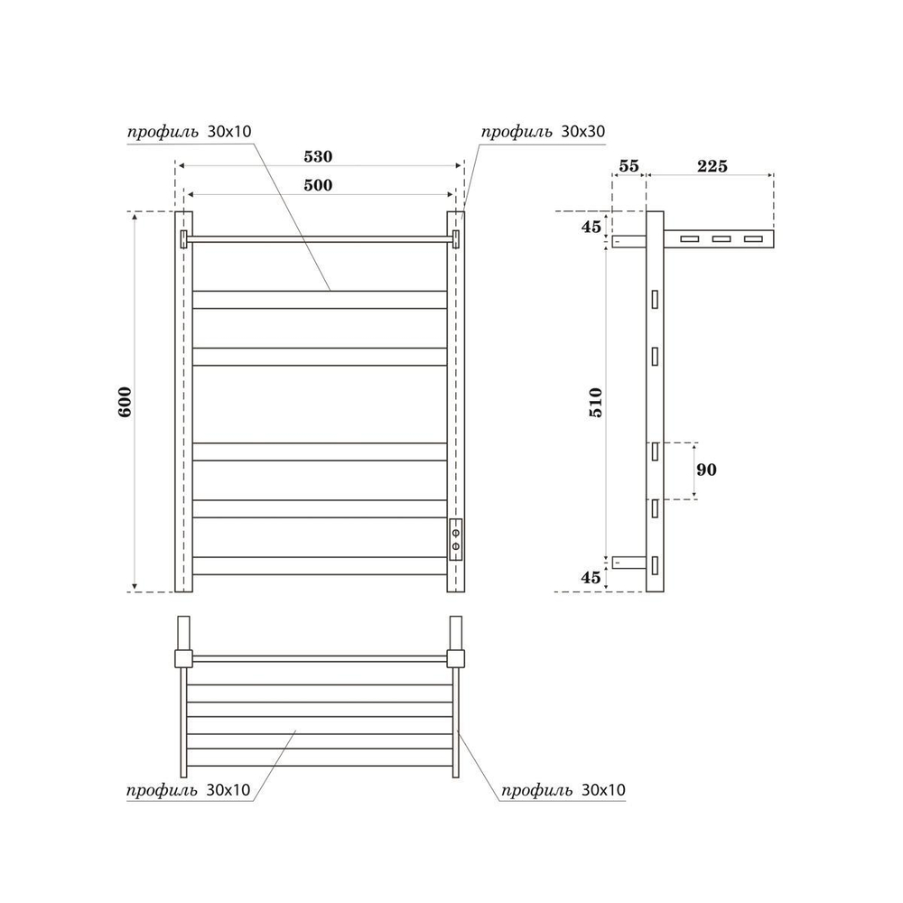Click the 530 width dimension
pos(318,156)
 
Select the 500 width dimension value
pos(318,185)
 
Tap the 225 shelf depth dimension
pos(711,165)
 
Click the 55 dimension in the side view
pos(628,165)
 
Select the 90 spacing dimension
pos(708,470)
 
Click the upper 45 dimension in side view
pos(591,226)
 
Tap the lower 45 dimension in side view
pos(591,577)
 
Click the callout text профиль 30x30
pos(542,131)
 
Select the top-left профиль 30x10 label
pos(188,131)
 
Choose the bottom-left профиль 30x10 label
pos(188,790)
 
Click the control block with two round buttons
pos(456,539)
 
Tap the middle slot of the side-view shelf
pos(721,239)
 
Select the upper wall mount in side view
pos(629,241)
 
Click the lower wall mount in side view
pos(629,563)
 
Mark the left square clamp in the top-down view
pos(182,656)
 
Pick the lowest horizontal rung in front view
pos(320,565)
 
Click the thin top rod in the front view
pos(320,238)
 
